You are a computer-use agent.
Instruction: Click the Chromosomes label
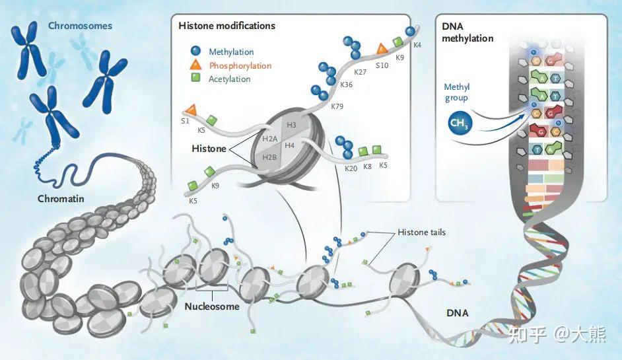[x=80, y=26]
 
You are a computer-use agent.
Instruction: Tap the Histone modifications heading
[x=227, y=26]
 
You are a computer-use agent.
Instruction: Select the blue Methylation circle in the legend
[x=195, y=51]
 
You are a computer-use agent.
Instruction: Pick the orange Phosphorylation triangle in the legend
[x=195, y=65]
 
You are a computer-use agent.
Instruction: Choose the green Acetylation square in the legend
[x=195, y=77]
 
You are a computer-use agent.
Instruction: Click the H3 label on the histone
[x=292, y=125]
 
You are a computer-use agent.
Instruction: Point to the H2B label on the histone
[x=269, y=158]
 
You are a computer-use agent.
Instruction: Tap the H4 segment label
[x=290, y=145]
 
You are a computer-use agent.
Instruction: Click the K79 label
[x=337, y=106]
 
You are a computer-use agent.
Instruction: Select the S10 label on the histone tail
[x=382, y=65]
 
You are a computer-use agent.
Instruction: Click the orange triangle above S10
[x=382, y=49]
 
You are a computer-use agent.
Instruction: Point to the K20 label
[x=351, y=168]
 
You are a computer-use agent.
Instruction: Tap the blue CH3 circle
[x=460, y=123]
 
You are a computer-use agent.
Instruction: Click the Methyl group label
[x=456, y=92]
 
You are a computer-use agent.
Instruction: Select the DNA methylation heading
[x=467, y=32]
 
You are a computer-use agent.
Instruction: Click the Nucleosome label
[x=212, y=306]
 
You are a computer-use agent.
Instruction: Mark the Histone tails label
[x=422, y=233]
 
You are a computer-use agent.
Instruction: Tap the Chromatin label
[x=61, y=198]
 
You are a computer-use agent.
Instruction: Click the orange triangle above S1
[x=191, y=109]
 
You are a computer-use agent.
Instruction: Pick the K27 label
[x=360, y=72]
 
